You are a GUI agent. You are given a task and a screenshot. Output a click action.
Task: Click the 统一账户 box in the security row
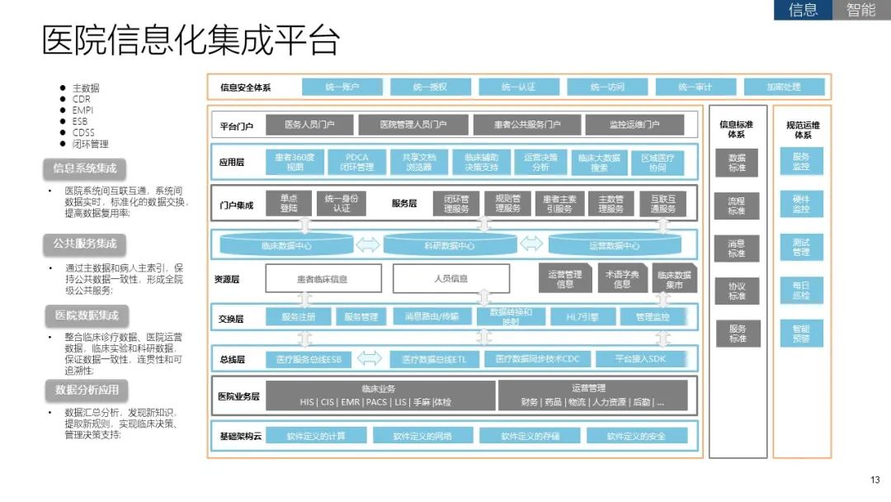[x=342, y=87]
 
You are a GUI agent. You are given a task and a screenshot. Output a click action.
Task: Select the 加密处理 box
[x=783, y=87]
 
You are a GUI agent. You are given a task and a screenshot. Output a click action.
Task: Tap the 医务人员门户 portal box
[x=309, y=125]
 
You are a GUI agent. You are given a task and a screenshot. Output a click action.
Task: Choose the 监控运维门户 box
[x=634, y=125]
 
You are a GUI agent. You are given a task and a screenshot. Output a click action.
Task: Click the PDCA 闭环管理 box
[x=357, y=162]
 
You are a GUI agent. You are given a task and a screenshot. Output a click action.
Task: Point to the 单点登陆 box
[x=289, y=203]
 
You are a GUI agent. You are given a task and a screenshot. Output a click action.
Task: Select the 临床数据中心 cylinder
[x=286, y=245]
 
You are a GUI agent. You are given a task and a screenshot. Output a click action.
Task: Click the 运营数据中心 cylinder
[x=615, y=245]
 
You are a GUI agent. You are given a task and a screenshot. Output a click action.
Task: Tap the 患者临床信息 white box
[x=323, y=279]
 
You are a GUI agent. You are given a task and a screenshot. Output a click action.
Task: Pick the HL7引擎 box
[x=582, y=316]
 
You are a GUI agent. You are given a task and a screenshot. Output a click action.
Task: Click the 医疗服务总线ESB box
[x=309, y=359]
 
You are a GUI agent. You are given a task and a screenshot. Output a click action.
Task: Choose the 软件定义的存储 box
[x=530, y=436]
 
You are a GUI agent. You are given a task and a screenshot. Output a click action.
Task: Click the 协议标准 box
[x=737, y=291]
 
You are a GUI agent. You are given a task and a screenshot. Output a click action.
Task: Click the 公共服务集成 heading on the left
[x=85, y=244]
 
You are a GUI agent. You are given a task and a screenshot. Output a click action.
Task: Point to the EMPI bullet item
[x=83, y=110]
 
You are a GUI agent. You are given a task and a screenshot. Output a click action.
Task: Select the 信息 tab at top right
[x=804, y=10]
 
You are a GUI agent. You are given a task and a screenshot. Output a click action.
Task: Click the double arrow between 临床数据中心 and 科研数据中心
[x=367, y=244]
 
